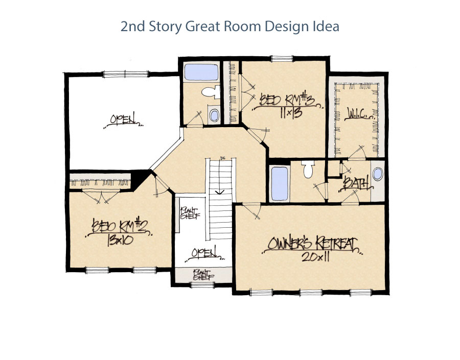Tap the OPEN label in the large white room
pos(123,120)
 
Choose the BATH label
pos(356,182)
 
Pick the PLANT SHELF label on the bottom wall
pos(203,275)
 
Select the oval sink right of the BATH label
pos(377,175)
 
